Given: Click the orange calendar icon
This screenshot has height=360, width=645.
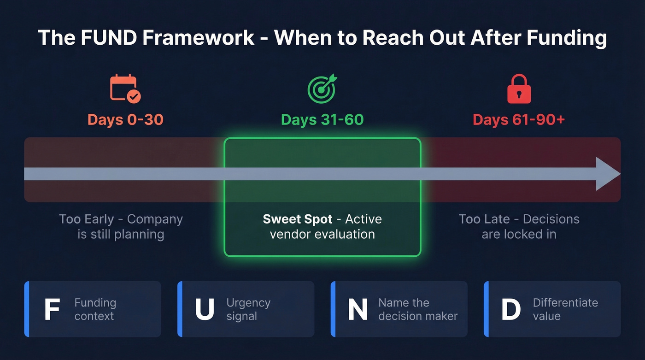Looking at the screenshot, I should (x=125, y=88).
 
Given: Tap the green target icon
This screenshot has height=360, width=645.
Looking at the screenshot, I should (x=322, y=88).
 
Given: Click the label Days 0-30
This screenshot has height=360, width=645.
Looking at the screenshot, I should (x=125, y=120).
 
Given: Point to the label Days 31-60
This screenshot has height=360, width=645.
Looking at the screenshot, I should (x=322, y=120).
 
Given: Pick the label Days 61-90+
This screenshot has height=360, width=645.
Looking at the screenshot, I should (x=519, y=120).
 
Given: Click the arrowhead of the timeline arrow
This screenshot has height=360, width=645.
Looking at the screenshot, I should (x=608, y=174).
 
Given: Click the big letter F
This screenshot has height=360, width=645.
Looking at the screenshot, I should (x=52, y=310).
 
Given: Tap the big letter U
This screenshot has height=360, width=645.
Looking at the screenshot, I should (x=205, y=310).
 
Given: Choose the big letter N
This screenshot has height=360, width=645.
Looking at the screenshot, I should (x=358, y=310).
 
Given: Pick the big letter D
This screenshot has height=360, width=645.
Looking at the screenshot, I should (x=510, y=310).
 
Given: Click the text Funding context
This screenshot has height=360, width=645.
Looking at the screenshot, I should (x=95, y=309).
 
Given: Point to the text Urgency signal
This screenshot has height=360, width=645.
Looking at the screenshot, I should (x=248, y=309).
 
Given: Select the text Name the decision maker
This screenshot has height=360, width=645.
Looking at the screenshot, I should (x=418, y=309).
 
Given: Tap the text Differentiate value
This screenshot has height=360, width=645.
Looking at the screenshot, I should (x=565, y=309).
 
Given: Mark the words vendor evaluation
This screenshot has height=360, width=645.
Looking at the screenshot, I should (x=322, y=234).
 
